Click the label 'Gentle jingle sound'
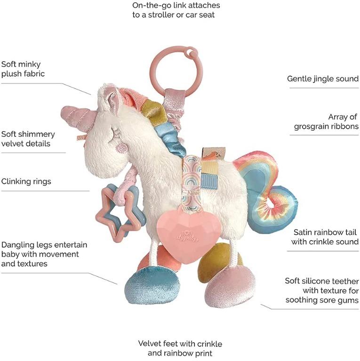(323, 78)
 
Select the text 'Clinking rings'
(26, 181)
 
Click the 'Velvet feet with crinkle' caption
(180, 344)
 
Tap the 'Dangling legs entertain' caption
(44, 245)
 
